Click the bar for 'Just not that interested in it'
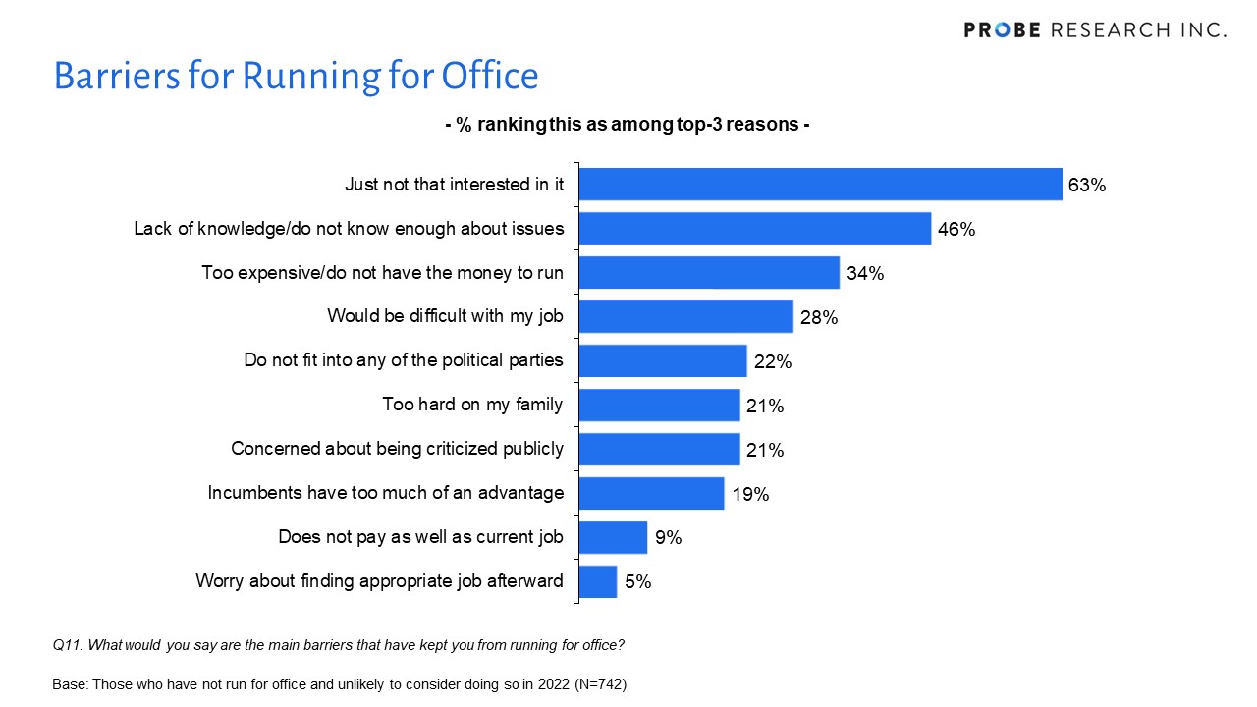pos(821,185)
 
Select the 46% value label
pos(956,229)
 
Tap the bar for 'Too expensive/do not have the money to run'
pos(709,273)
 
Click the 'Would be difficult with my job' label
pos(445,316)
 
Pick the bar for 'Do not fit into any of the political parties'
pos(663,360)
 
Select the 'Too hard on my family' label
pos(472,404)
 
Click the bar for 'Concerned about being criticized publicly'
pos(659,449)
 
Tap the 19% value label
pos(750,494)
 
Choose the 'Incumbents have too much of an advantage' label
pos(386,492)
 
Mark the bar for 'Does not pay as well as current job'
pos(613,537)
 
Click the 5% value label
pos(637,581)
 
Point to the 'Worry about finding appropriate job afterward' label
pos(379,580)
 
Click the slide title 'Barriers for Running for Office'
pos(296,77)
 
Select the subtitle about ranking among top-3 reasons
pos(627,126)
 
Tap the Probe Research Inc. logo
pos(1095,30)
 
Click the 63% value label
pos(1087,185)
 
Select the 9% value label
pos(669,537)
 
